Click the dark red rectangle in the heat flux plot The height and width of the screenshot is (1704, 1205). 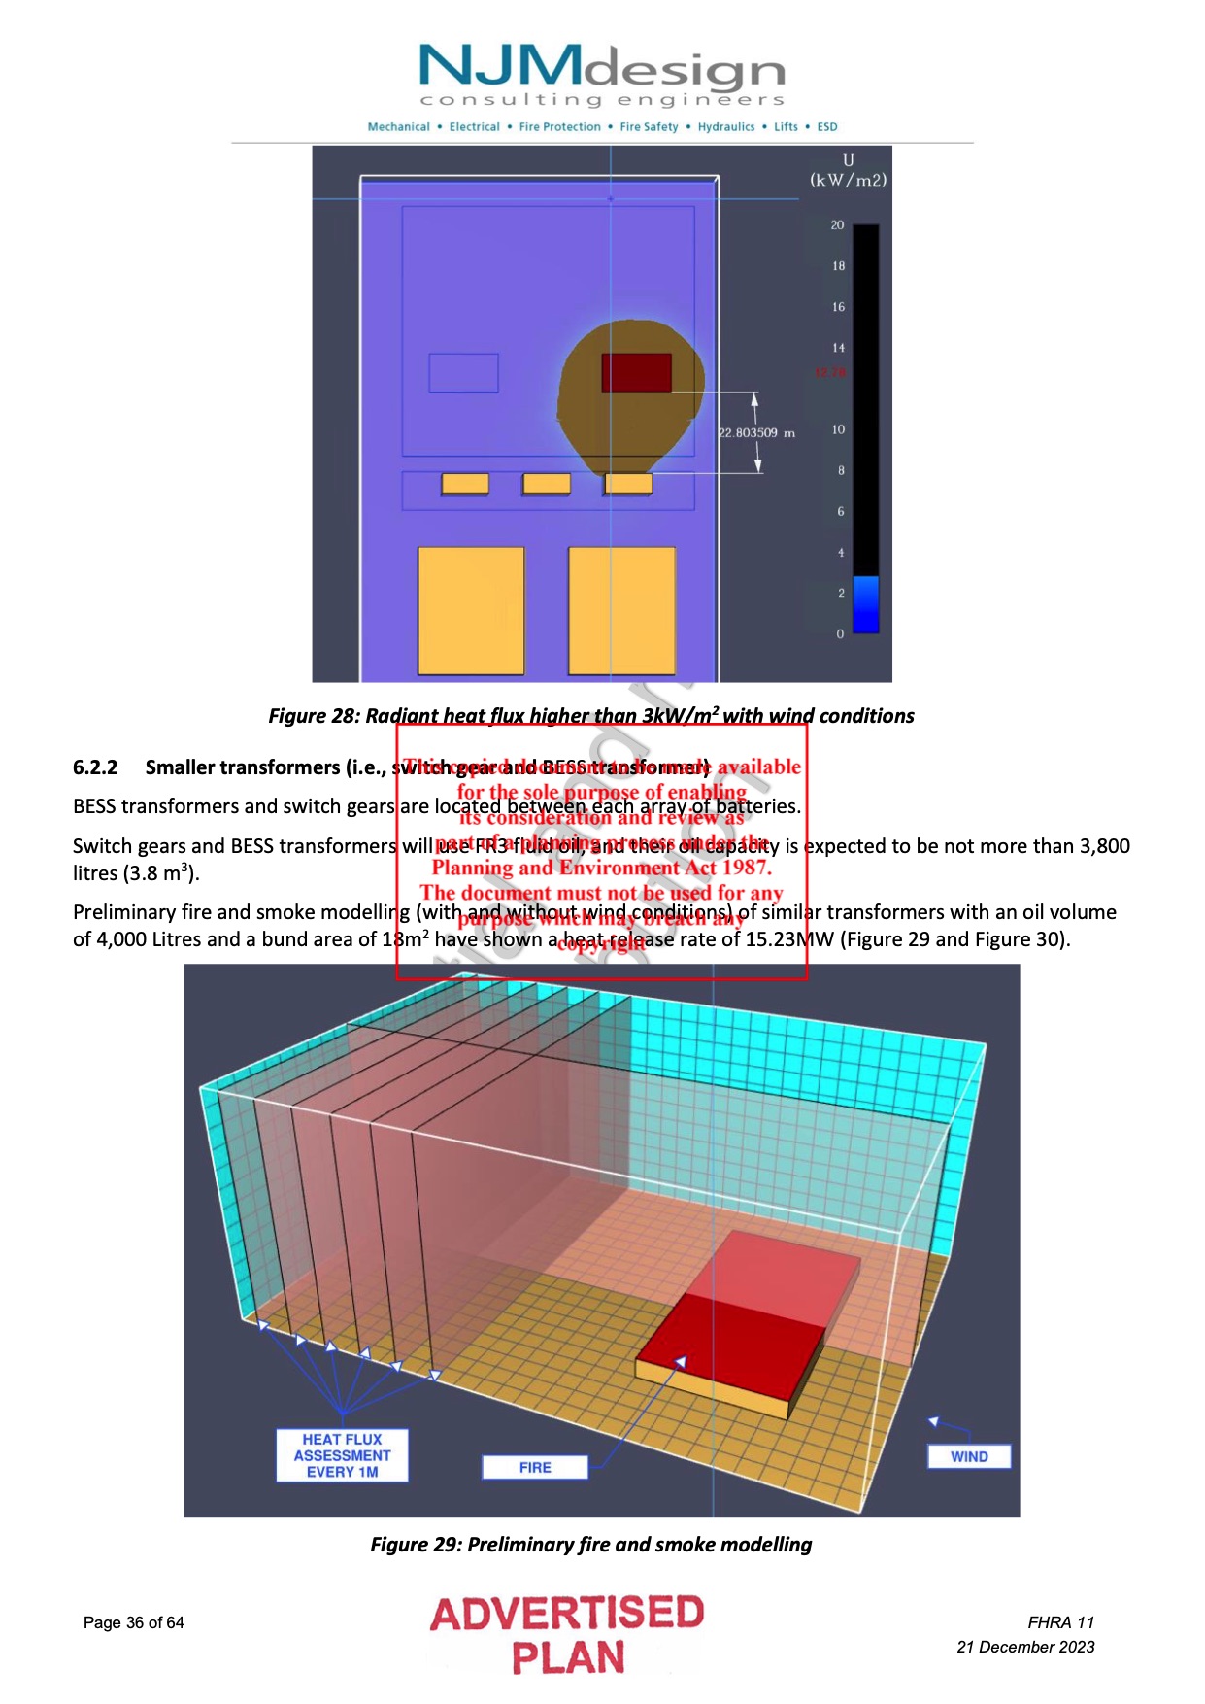point(636,373)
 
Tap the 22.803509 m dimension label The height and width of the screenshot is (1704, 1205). point(756,433)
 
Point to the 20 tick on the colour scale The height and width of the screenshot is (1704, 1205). point(837,225)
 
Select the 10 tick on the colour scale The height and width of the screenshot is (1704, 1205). point(838,429)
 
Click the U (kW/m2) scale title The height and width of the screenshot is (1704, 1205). point(848,170)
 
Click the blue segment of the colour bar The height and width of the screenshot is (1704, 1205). point(865,604)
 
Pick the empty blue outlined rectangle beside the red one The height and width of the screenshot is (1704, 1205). point(464,373)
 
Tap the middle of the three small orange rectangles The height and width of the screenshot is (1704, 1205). point(547,484)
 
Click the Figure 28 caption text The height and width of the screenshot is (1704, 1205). point(591,716)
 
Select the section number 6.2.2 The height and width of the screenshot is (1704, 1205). point(95,767)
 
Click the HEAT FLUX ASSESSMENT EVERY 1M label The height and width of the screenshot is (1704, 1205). point(342,1455)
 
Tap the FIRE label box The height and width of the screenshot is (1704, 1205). point(535,1467)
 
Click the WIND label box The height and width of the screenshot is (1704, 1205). point(968,1456)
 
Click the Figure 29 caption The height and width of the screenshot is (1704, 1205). point(590,1545)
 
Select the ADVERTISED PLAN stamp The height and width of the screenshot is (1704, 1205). point(567,1634)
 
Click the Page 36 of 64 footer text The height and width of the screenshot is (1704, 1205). point(134,1622)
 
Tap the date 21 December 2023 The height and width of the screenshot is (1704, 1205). point(1025,1647)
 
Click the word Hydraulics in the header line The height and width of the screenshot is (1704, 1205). point(725,127)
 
